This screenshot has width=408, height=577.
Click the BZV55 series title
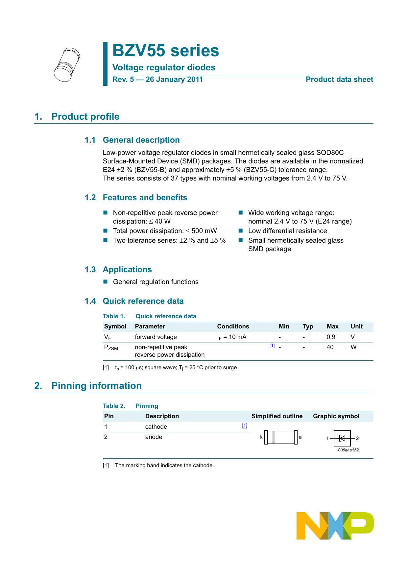click(165, 51)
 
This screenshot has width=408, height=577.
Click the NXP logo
click(335, 525)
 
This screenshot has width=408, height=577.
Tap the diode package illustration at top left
click(67, 65)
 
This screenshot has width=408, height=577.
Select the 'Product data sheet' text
click(339, 80)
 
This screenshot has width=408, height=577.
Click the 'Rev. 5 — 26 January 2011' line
click(157, 80)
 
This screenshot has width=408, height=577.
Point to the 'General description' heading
click(141, 140)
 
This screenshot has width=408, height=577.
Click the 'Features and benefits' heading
click(145, 198)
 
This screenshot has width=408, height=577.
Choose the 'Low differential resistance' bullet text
click(287, 231)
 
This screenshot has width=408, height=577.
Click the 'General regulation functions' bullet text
click(156, 282)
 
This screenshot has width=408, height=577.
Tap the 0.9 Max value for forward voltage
click(331, 337)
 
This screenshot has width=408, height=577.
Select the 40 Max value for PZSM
click(330, 347)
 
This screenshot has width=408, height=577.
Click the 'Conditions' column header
click(233, 326)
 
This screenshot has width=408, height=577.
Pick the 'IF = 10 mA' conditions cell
click(231, 337)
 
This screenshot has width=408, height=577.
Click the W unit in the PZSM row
click(353, 347)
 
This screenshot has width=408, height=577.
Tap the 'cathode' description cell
click(156, 427)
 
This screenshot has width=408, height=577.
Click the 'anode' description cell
click(154, 437)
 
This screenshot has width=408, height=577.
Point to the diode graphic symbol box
click(342, 438)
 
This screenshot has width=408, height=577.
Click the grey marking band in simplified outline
click(274, 437)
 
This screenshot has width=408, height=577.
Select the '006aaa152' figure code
click(348, 450)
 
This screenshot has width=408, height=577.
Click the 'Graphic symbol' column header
click(336, 416)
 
